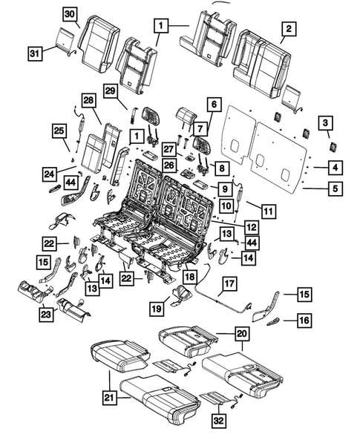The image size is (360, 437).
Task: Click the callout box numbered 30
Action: pos(69,14)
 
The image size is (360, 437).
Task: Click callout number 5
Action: pos(336,189)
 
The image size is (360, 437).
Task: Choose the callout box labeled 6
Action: pos(214,105)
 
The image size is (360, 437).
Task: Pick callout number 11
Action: pos(268,211)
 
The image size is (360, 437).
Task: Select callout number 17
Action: pos(229,282)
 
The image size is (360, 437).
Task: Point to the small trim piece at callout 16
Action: pos(275,320)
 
